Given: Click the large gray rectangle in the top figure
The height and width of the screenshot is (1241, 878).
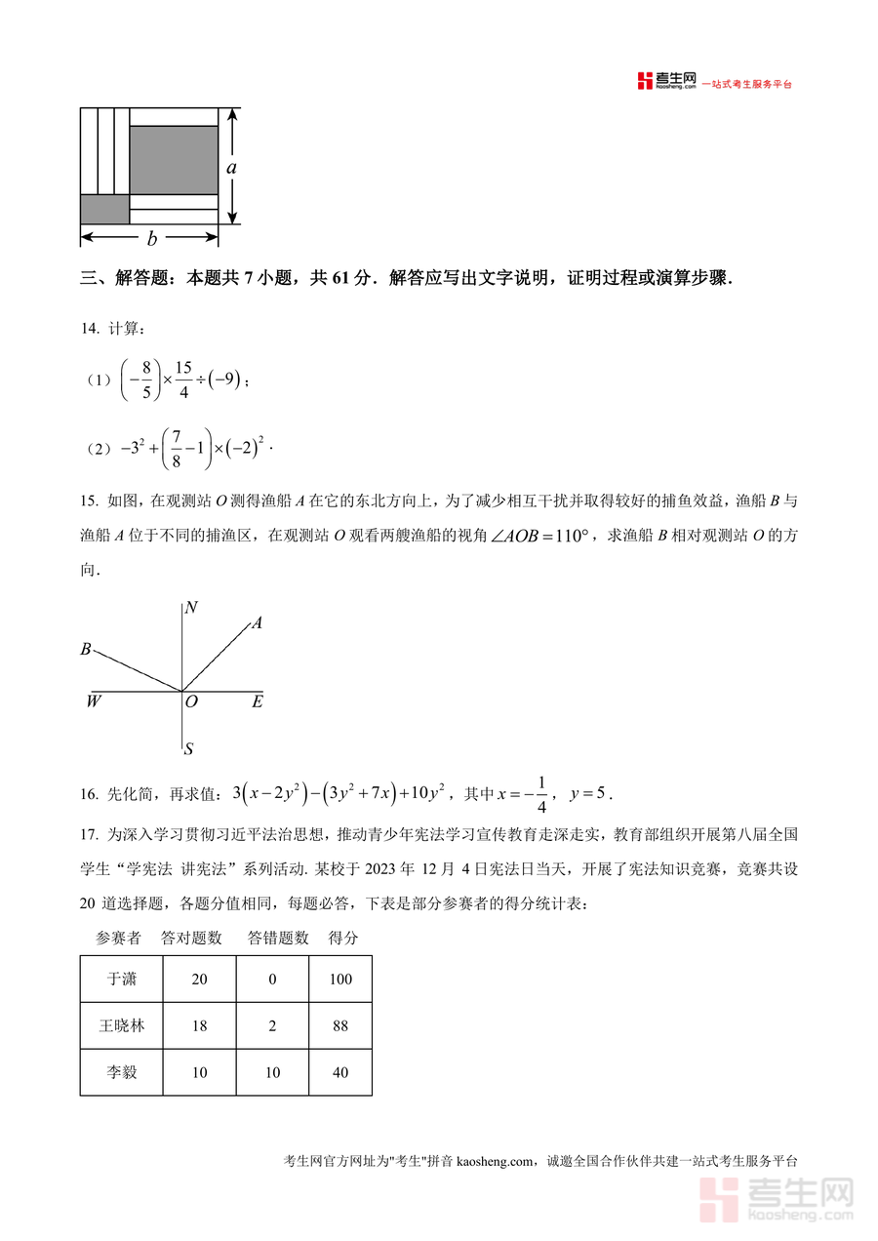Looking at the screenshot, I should [x=174, y=159].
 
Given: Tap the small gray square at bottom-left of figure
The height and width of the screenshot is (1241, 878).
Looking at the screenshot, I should [x=104, y=209].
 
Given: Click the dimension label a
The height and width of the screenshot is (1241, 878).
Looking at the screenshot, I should [x=231, y=167].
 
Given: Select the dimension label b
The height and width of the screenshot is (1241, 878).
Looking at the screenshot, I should [x=151, y=239].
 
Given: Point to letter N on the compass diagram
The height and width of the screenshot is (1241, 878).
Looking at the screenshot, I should [x=191, y=608].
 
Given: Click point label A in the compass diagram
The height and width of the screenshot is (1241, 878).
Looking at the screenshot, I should [x=257, y=623].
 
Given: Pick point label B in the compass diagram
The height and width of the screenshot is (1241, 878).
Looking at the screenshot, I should [x=86, y=649].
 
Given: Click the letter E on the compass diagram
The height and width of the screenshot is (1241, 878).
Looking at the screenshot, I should [x=257, y=701].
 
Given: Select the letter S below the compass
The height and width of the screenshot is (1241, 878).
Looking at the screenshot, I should [x=188, y=749].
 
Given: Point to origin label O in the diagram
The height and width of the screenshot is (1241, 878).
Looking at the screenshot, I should [x=191, y=701].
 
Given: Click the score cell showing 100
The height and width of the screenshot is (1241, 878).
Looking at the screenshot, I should [x=340, y=979].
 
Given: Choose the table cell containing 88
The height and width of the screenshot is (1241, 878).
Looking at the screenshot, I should [x=340, y=1025].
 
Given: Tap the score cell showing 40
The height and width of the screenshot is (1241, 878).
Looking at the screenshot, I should [x=340, y=1072].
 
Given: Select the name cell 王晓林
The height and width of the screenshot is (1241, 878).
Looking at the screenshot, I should [x=122, y=1025].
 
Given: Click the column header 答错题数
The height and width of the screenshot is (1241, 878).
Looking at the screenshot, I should [x=278, y=938].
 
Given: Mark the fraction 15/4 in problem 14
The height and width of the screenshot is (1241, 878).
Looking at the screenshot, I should [x=184, y=380].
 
